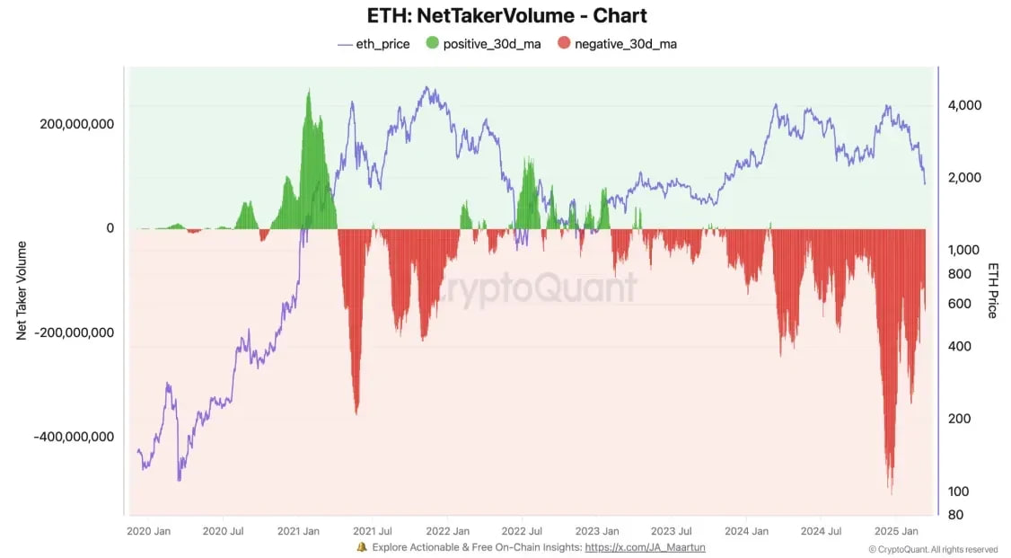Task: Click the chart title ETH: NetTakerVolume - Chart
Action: pyautogui.click(x=505, y=16)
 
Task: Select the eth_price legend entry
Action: pyautogui.click(x=374, y=43)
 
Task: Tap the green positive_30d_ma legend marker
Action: pyautogui.click(x=433, y=43)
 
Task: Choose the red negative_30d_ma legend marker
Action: pyautogui.click(x=564, y=43)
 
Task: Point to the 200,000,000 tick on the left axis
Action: pyautogui.click(x=76, y=124)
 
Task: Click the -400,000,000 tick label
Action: pyautogui.click(x=74, y=437)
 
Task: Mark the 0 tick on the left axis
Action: pyautogui.click(x=110, y=228)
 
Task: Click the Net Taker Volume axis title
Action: pyautogui.click(x=21, y=290)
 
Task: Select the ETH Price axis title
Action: pyautogui.click(x=993, y=290)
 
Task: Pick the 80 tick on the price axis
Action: pyautogui.click(x=955, y=515)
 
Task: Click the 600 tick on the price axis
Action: pyautogui.click(x=959, y=304)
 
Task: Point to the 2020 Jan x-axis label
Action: pyautogui.click(x=149, y=531)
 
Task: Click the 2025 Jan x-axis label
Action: pyautogui.click(x=894, y=531)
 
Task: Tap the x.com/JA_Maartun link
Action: pyautogui.click(x=645, y=546)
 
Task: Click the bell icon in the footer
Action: pyautogui.click(x=361, y=546)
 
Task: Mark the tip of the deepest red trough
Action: pyautogui.click(x=891, y=493)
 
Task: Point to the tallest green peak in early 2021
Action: pyautogui.click(x=309, y=90)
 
